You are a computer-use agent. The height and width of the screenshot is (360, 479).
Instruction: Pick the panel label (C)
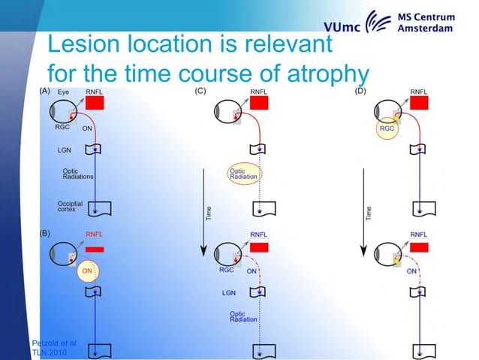[x=200, y=91]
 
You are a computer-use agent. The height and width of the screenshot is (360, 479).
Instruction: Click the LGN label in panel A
[x=65, y=150]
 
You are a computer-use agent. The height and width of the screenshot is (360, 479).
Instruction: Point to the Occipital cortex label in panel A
[x=70, y=207]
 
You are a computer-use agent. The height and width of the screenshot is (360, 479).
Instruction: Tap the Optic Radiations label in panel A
[x=78, y=174]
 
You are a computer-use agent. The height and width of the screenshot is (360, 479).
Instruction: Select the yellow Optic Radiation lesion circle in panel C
[x=243, y=174]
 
